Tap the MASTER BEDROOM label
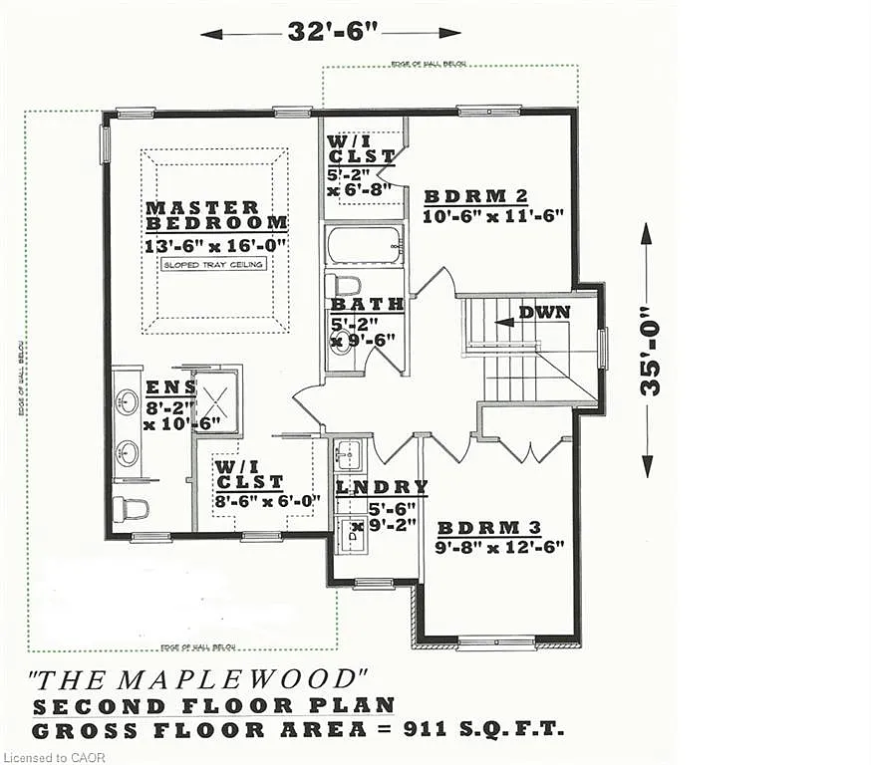(x=216, y=215)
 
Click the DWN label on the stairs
(x=544, y=312)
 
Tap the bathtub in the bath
(x=364, y=243)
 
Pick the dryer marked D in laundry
(x=351, y=534)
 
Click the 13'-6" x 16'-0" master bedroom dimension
(x=216, y=245)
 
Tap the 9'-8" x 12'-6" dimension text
(x=500, y=546)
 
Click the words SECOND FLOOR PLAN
(x=213, y=705)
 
